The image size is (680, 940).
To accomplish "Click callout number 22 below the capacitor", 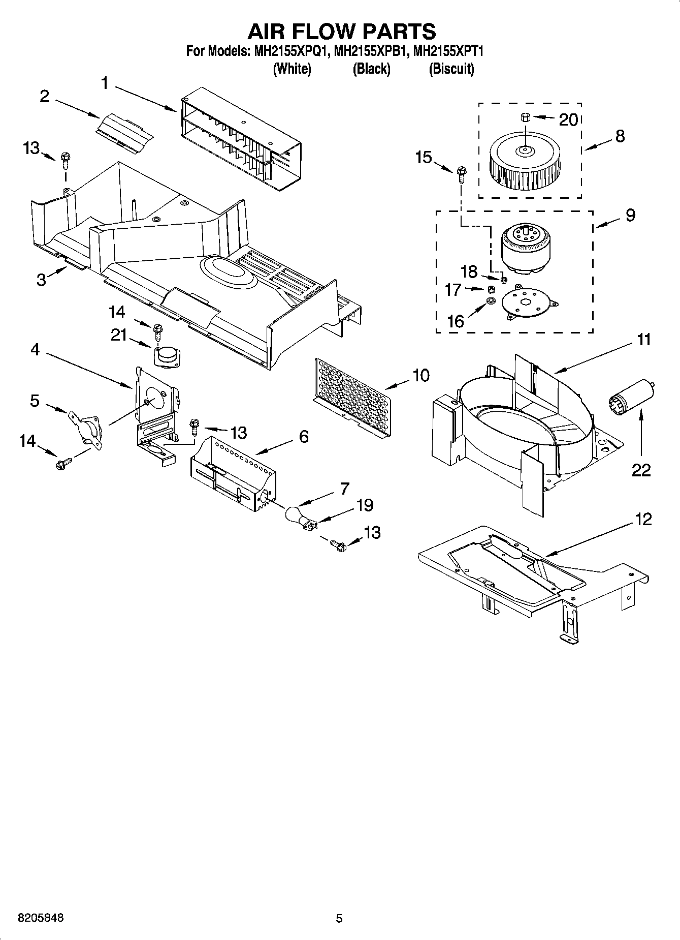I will (641, 470).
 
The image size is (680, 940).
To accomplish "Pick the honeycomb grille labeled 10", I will (353, 397).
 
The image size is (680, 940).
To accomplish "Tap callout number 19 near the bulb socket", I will (364, 505).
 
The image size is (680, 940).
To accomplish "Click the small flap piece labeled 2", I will (124, 131).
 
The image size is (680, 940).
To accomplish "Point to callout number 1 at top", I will (105, 83).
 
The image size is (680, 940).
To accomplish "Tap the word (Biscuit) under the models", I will (451, 69).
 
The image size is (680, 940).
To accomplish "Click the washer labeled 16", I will (491, 302).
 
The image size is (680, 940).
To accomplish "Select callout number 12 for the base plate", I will (643, 519).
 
